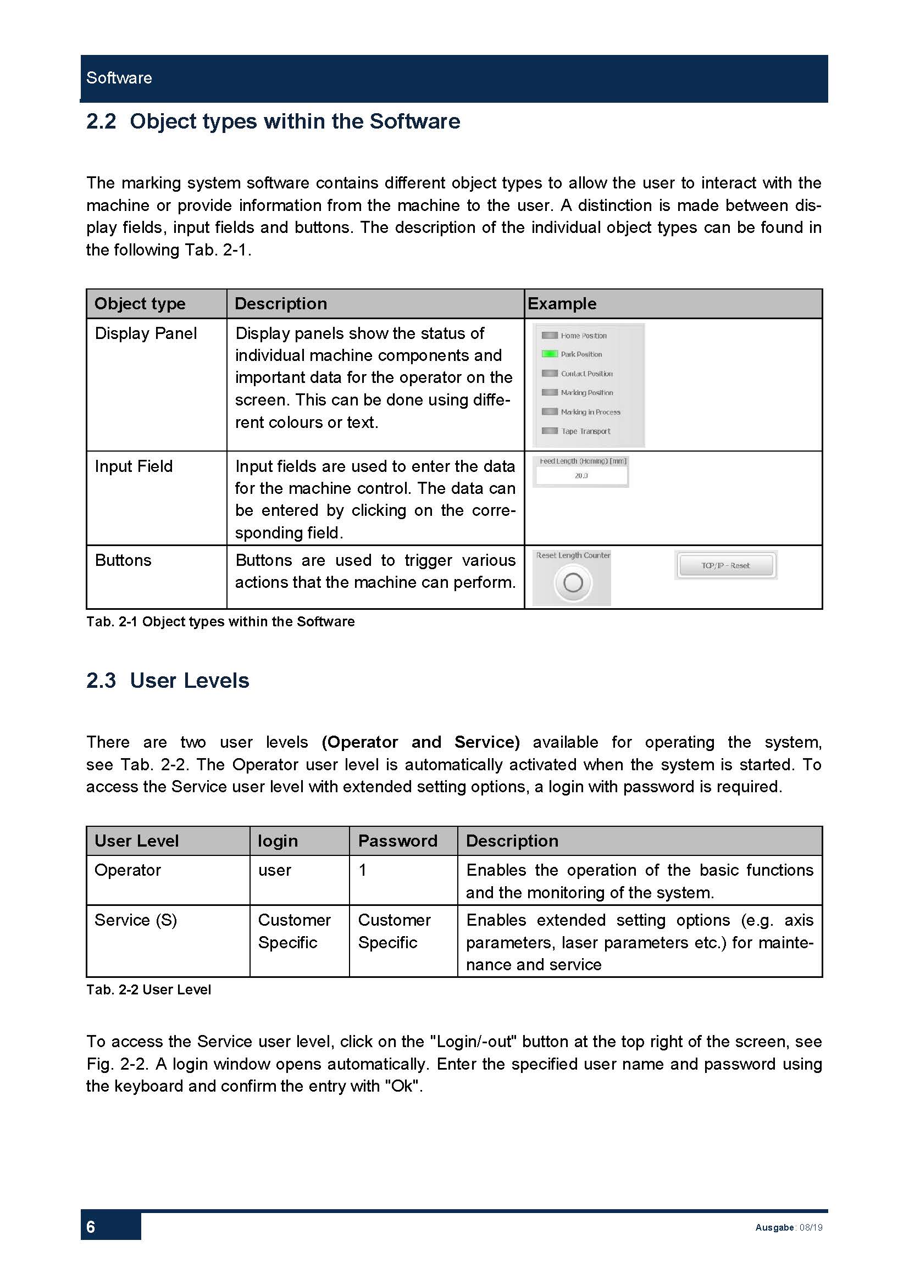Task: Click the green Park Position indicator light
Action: pyautogui.click(x=549, y=354)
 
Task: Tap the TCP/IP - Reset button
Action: pyautogui.click(x=725, y=565)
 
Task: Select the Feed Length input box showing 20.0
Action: pyautogui.click(x=581, y=476)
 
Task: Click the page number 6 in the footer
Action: pyautogui.click(x=91, y=1227)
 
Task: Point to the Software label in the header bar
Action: pyautogui.click(x=119, y=78)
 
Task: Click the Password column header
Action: pyautogui.click(x=397, y=841)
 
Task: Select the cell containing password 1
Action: pyautogui.click(x=363, y=870)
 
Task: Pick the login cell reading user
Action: pyautogui.click(x=274, y=870)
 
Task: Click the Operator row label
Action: pyautogui.click(x=128, y=870)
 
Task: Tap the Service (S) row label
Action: pyautogui.click(x=135, y=920)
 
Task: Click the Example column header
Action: pyautogui.click(x=562, y=303)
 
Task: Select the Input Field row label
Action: pyautogui.click(x=133, y=466)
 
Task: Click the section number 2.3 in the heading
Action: pyautogui.click(x=101, y=681)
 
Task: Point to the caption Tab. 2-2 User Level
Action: pyautogui.click(x=148, y=989)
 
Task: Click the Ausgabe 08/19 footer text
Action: pyautogui.click(x=789, y=1227)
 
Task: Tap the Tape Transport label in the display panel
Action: pyautogui.click(x=585, y=431)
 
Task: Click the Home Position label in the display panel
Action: pyautogui.click(x=583, y=336)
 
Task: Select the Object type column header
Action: pyautogui.click(x=140, y=303)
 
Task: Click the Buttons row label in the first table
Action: pyautogui.click(x=123, y=560)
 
